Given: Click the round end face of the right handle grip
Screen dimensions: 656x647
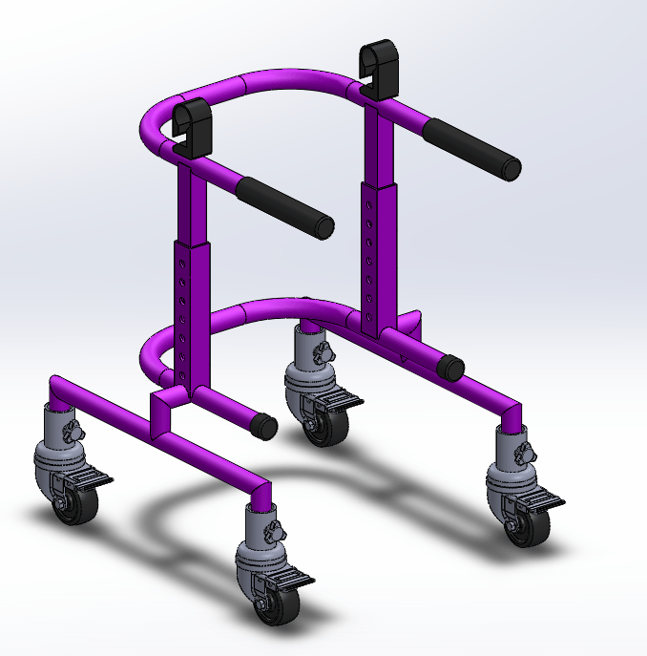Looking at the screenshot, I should point(511,170).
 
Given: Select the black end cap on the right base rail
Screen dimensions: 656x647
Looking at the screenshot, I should point(451,368).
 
